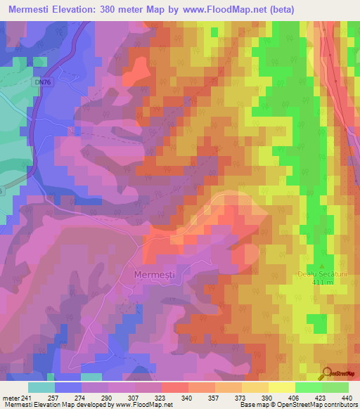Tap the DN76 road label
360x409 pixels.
point(42,82)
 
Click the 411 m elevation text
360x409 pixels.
point(323,281)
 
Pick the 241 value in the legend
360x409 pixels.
point(27,397)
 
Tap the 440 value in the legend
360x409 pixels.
point(346,397)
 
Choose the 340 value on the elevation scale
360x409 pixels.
point(187,397)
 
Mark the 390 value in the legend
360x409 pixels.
point(266,397)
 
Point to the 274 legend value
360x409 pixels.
point(81,397)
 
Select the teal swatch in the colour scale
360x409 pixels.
point(41,387)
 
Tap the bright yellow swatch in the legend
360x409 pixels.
point(281,387)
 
